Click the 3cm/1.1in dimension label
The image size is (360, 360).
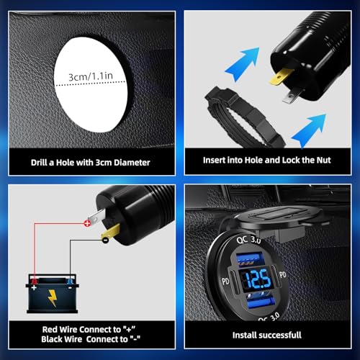[91, 76]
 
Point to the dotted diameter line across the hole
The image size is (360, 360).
[91, 84]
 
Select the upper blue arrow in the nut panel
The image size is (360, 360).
[243, 64]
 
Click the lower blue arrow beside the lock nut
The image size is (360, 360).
[309, 130]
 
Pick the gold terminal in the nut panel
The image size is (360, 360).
[281, 77]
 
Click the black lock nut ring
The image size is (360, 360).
[245, 117]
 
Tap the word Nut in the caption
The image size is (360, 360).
[323, 160]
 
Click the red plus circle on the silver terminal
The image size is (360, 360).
[87, 223]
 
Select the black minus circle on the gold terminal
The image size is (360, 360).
[105, 240]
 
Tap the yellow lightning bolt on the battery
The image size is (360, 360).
[53, 298]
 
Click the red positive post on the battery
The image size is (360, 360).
[35, 281]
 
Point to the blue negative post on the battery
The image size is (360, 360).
[70, 282]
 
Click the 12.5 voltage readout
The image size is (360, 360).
[258, 279]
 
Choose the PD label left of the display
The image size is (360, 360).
[225, 282]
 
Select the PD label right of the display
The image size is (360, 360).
[283, 274]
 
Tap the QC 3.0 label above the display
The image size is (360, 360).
[248, 240]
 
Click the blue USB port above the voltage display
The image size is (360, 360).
[250, 260]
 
